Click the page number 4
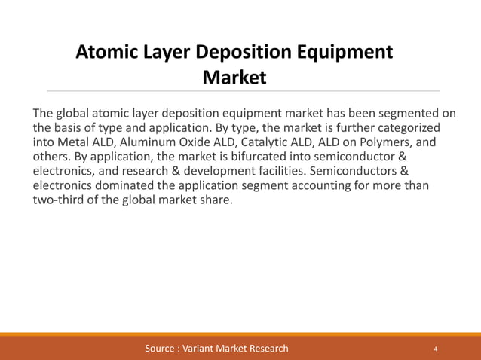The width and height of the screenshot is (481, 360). pos(436,349)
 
